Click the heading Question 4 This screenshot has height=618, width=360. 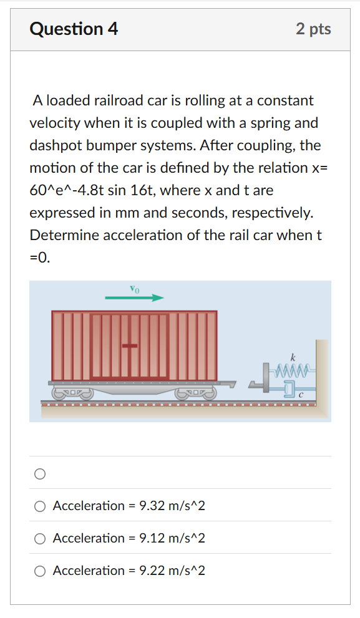point(74,29)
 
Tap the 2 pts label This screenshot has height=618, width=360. point(313,29)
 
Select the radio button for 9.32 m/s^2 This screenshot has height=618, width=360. point(40,506)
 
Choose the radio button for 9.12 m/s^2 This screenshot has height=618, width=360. point(40,538)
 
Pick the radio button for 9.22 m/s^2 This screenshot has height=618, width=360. point(40,571)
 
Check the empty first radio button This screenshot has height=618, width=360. point(40,474)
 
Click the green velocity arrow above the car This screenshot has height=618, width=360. point(134,298)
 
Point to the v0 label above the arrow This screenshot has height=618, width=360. point(135,288)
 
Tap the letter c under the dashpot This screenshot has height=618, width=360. point(300,395)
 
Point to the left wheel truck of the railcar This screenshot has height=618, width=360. point(72,393)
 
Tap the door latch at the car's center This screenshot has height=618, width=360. point(130,345)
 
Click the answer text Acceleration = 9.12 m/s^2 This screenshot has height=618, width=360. point(129,538)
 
